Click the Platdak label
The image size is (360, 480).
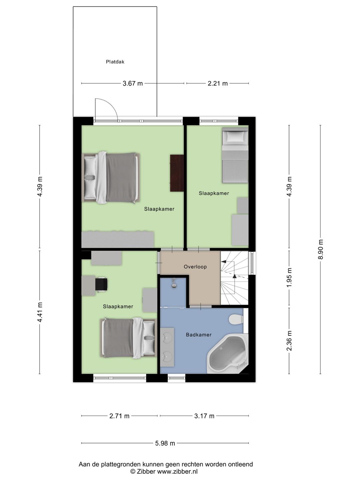(x=115, y=62)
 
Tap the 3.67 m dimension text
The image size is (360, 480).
(x=132, y=83)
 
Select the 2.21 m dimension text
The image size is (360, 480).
(x=217, y=83)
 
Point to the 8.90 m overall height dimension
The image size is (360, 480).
(x=321, y=250)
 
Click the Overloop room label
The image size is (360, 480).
(x=195, y=267)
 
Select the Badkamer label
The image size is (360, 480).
(x=199, y=335)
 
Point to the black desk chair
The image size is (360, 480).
(x=101, y=285)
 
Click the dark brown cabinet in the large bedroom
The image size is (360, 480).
(x=177, y=173)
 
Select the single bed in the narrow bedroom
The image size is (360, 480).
(x=235, y=155)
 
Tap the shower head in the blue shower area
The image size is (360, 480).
(x=174, y=283)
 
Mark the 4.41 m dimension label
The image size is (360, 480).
(x=40, y=312)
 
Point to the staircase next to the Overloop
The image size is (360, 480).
(x=234, y=278)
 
